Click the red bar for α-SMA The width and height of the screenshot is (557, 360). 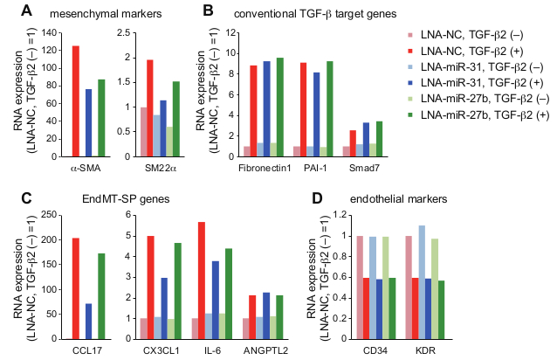coord(75,101)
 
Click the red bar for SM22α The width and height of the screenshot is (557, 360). coord(150,108)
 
